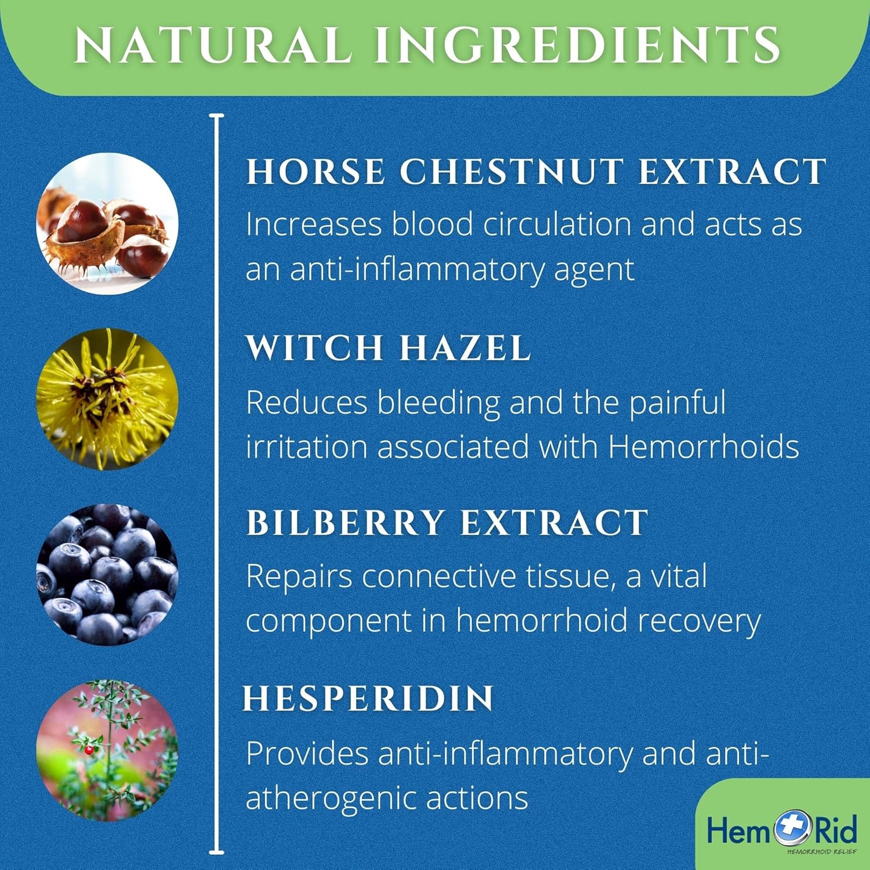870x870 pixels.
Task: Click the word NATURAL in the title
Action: (213, 45)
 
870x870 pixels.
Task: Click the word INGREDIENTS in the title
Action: (577, 45)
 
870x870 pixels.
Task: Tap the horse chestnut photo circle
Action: (107, 224)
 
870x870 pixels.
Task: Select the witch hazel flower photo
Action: (107, 399)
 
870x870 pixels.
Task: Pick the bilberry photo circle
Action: (107, 575)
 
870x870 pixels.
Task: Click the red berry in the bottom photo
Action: (89, 749)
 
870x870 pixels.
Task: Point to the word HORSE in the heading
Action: (316, 172)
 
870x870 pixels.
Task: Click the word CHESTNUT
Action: (511, 172)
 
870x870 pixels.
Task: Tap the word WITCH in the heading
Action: (314, 348)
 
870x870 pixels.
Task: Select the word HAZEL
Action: (465, 348)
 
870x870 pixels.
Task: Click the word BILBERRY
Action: (346, 523)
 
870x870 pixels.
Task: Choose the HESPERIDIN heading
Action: (368, 698)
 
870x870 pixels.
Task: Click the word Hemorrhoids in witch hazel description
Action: (704, 447)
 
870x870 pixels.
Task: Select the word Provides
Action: (307, 754)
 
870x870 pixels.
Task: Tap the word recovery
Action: (699, 622)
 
